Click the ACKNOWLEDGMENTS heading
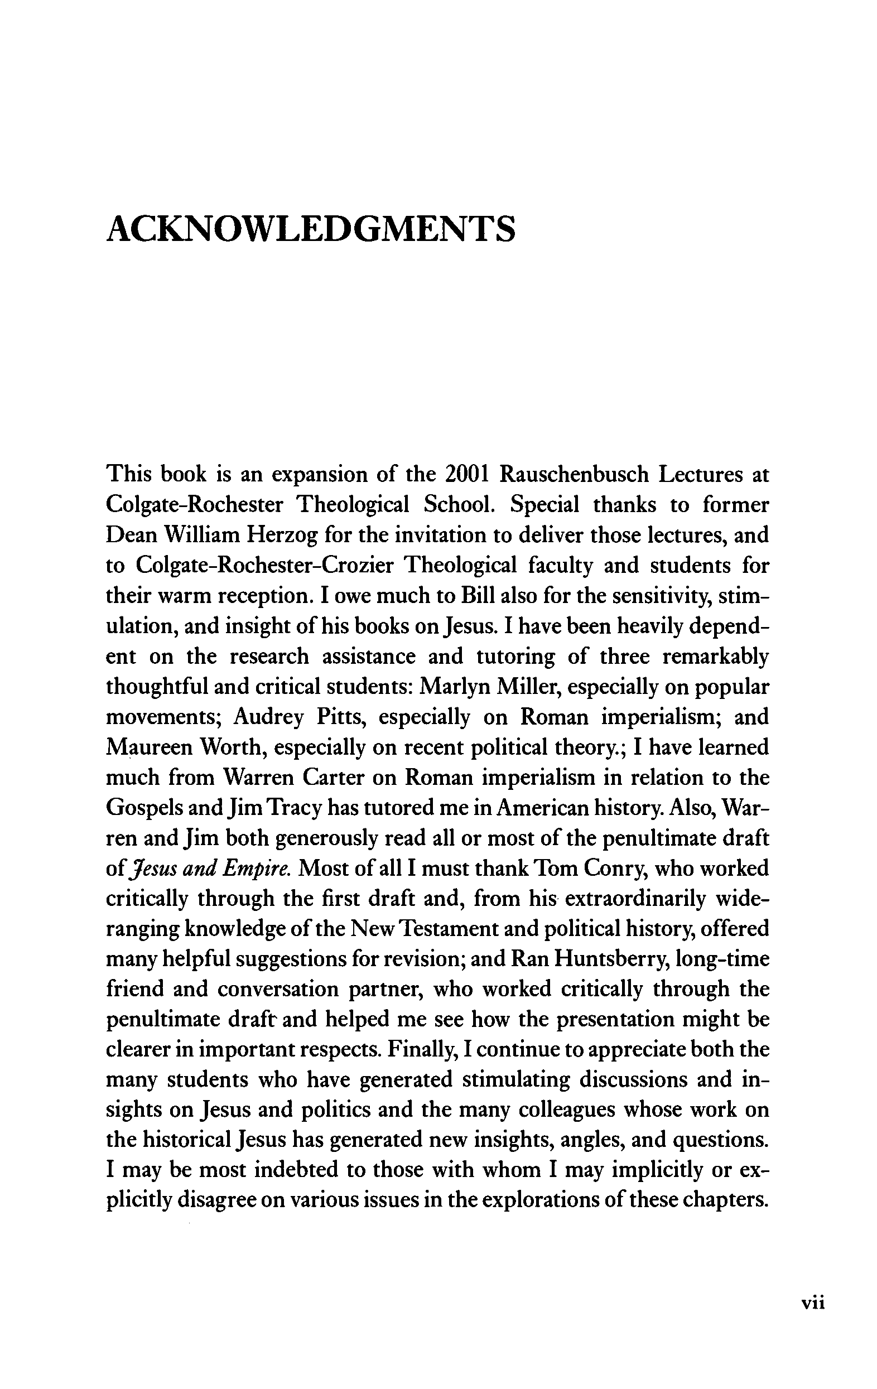pos(310,228)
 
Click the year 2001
pos(468,474)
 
